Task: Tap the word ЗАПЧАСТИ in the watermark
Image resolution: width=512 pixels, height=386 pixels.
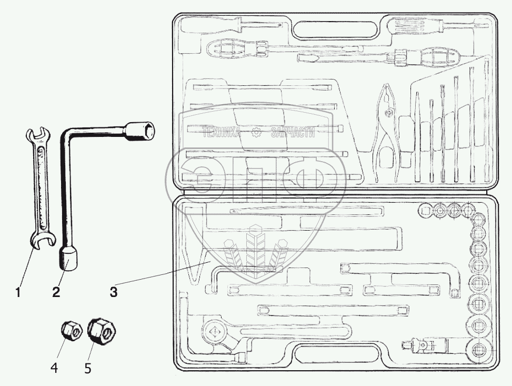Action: pyautogui.click(x=292, y=133)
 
